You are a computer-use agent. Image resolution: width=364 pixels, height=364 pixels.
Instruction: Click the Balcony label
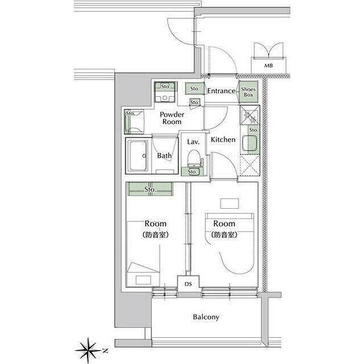(x=206, y=317)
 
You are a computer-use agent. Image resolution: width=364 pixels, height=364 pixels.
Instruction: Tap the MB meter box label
(x=268, y=66)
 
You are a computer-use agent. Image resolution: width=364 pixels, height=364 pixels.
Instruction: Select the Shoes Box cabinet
(x=249, y=92)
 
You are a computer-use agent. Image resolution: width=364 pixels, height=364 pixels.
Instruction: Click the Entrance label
(x=221, y=91)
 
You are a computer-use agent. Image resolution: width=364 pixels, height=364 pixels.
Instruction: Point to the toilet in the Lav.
(x=193, y=158)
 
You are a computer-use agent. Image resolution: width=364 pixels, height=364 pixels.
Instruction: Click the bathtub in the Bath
(x=138, y=155)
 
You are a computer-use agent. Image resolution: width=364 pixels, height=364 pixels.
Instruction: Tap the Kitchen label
(x=223, y=139)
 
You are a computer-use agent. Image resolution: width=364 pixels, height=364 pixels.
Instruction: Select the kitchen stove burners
(x=250, y=115)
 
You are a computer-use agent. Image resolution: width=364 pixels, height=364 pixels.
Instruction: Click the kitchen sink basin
(x=250, y=143)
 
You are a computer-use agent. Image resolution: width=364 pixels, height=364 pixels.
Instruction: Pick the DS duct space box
(x=188, y=284)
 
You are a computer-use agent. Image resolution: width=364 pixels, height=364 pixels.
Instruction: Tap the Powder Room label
(x=172, y=118)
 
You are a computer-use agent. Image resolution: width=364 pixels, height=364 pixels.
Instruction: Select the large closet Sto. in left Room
(x=150, y=189)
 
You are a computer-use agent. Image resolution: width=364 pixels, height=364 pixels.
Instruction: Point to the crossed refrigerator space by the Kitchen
(x=250, y=165)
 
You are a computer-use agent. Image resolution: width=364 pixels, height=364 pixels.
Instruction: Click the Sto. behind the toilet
(x=192, y=172)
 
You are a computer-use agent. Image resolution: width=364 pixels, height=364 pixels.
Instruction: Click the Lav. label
(x=193, y=142)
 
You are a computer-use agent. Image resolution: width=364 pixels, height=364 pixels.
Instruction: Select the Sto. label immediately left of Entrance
(x=195, y=89)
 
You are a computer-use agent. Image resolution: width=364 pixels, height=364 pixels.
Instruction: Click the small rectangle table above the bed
(x=229, y=204)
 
